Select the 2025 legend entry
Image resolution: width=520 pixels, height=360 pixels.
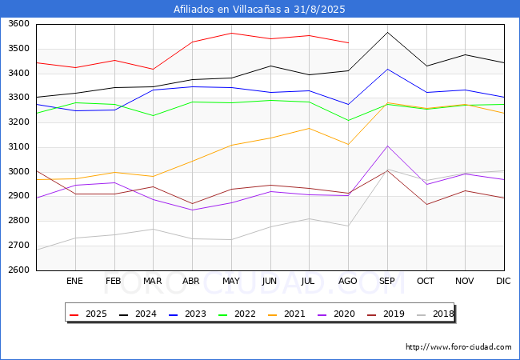click(x=88, y=314)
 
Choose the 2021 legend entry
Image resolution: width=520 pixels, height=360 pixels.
click(x=286, y=314)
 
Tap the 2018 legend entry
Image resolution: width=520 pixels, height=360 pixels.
click(x=435, y=314)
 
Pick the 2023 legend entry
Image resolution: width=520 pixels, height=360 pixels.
click(x=187, y=314)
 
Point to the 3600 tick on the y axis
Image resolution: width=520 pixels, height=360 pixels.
click(x=18, y=24)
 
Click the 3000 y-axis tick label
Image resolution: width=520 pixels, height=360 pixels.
click(x=18, y=172)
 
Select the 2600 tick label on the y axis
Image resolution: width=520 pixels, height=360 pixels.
click(x=18, y=270)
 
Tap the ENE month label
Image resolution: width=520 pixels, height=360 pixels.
click(x=74, y=281)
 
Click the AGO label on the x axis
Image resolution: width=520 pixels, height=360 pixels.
click(x=347, y=281)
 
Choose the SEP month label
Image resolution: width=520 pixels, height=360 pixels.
click(x=387, y=281)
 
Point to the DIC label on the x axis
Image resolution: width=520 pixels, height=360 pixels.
click(x=503, y=281)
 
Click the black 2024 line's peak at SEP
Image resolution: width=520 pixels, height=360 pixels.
click(x=387, y=32)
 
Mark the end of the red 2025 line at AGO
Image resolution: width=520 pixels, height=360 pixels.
click(x=348, y=42)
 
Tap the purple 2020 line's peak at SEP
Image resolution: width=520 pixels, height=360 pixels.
click(x=387, y=146)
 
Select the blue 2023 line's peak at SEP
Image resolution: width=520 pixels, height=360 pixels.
click(x=387, y=69)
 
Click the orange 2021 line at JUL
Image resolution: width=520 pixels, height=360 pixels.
click(x=310, y=128)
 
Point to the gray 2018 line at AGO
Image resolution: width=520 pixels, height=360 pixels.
click(x=348, y=226)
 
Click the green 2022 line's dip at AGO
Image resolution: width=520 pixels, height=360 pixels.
click(x=348, y=121)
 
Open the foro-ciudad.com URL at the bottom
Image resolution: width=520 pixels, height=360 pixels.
click(x=458, y=347)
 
